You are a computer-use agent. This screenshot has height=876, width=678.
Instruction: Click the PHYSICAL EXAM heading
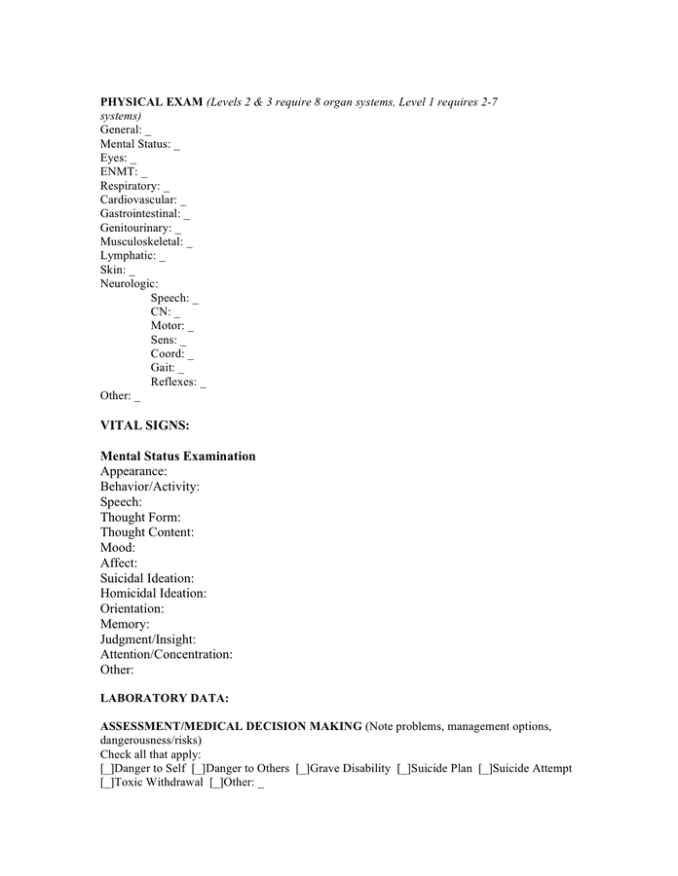pyautogui.click(x=152, y=101)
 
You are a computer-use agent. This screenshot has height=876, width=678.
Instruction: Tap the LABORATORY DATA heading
pyautogui.click(x=165, y=698)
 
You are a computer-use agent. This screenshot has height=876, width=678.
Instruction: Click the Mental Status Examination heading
pyautogui.click(x=178, y=456)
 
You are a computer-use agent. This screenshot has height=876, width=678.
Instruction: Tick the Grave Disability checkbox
pyautogui.click(x=303, y=769)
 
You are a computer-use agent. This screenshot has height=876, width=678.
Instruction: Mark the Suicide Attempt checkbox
pyautogui.click(x=485, y=769)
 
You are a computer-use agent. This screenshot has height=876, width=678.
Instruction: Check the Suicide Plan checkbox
pyautogui.click(x=403, y=769)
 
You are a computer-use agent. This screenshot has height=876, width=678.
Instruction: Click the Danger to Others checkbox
pyautogui.click(x=198, y=769)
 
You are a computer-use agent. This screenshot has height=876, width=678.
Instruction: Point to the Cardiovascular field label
pyautogui.click(x=138, y=200)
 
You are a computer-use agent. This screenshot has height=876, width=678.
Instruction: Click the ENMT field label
pyautogui.click(x=118, y=171)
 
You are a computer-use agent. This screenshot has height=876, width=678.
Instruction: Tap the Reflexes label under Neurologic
pyautogui.click(x=173, y=382)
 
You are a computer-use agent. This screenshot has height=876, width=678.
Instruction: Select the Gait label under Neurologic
pyautogui.click(x=163, y=368)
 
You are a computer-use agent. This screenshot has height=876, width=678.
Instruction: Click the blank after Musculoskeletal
pyautogui.click(x=189, y=242)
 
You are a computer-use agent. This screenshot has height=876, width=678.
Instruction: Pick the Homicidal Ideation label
pyautogui.click(x=153, y=593)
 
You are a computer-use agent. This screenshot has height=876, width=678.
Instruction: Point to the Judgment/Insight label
pyautogui.click(x=148, y=639)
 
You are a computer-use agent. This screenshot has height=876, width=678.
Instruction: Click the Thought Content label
pyautogui.click(x=147, y=532)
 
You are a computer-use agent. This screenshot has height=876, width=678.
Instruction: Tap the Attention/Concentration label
pyautogui.click(x=167, y=655)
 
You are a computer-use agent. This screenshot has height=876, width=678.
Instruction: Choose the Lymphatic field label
pyautogui.click(x=128, y=256)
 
